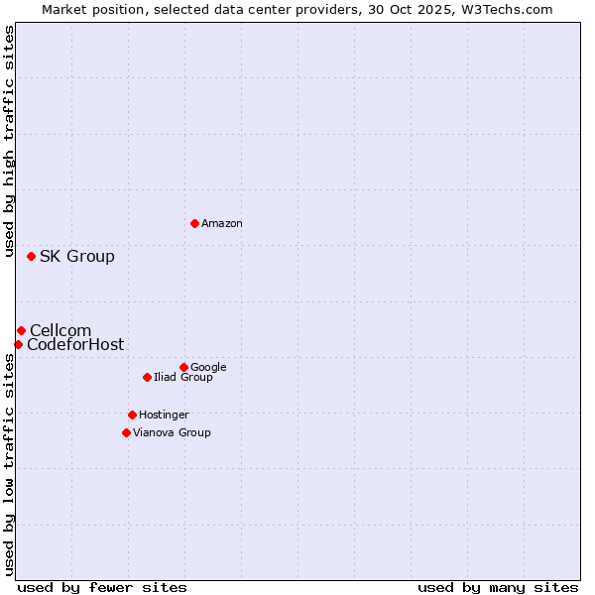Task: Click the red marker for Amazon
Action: click(194, 223)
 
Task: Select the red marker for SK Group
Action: click(31, 256)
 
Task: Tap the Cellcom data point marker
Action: click(21, 330)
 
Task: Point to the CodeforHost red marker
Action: click(18, 344)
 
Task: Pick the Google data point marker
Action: click(183, 367)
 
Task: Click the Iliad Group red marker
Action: click(147, 377)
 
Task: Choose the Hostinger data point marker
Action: click(132, 415)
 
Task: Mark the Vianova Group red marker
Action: click(126, 432)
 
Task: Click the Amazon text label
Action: click(222, 224)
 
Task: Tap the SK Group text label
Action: click(77, 257)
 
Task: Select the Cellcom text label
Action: click(60, 331)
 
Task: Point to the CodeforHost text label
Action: click(75, 345)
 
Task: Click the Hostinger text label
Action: click(164, 415)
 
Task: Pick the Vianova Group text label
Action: click(172, 432)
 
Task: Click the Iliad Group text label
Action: click(183, 378)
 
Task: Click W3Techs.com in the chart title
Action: click(512, 10)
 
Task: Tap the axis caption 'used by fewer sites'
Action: click(102, 587)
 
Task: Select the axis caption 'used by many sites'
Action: click(498, 587)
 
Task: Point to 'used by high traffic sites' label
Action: click(10, 142)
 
